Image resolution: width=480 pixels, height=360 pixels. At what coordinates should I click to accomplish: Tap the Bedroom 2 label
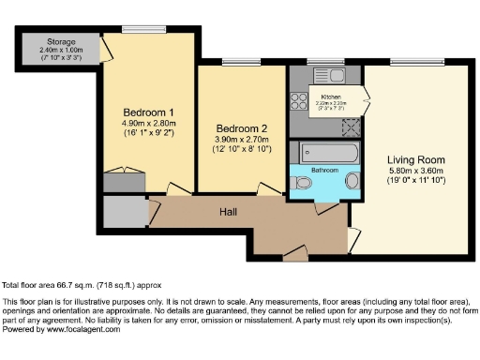(x=241, y=127)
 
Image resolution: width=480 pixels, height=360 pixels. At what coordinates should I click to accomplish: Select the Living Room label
(x=416, y=159)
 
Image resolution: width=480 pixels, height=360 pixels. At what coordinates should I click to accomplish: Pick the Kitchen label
(x=331, y=97)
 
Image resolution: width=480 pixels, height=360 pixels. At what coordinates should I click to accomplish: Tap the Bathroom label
(x=324, y=170)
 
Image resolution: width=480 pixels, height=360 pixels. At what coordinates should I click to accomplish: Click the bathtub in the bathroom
(x=324, y=152)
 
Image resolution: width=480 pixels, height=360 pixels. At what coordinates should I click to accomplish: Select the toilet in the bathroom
(x=302, y=184)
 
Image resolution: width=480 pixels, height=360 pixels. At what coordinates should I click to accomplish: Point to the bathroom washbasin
(x=352, y=181)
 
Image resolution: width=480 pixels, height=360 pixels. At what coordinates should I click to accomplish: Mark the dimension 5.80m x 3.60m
(x=416, y=172)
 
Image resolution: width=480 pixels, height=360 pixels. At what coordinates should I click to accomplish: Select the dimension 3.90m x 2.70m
(x=241, y=139)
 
